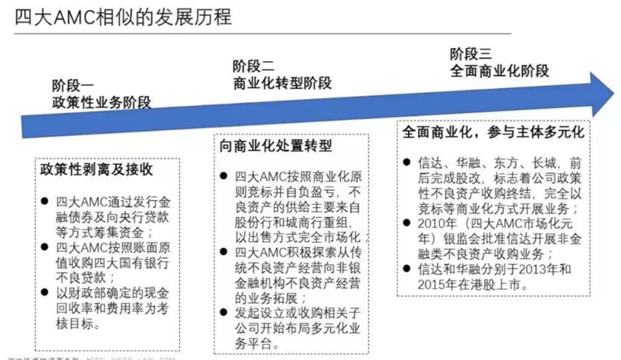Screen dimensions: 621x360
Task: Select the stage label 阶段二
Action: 254,65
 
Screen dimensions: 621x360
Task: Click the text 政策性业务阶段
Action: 101,103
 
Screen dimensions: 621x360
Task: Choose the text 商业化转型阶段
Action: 282,83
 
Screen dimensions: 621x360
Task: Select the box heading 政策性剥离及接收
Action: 97,169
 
